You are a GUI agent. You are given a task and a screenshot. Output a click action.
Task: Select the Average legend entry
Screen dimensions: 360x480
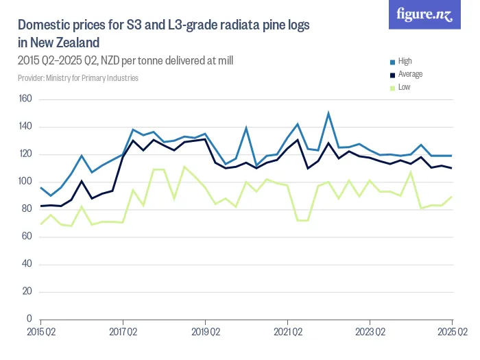click(x=410, y=74)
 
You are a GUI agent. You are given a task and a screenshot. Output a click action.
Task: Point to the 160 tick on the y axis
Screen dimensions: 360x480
click(x=25, y=100)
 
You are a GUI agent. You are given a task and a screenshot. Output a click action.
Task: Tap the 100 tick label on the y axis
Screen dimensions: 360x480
click(x=25, y=182)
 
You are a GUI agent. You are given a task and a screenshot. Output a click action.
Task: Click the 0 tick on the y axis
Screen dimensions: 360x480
click(x=30, y=319)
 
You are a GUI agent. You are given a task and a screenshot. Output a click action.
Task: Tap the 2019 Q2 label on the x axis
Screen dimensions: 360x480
click(x=205, y=332)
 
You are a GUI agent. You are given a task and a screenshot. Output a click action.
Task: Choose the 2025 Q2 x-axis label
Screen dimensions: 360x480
click(x=452, y=332)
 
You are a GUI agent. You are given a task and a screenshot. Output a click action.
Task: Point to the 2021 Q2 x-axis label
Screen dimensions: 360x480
click(x=287, y=332)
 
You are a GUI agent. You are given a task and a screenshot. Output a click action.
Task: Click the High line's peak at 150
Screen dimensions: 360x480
click(x=328, y=113)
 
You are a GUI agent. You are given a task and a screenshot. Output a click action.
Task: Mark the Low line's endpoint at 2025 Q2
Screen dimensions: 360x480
click(x=452, y=197)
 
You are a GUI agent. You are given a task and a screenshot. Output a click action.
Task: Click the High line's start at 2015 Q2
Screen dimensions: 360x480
click(x=40, y=188)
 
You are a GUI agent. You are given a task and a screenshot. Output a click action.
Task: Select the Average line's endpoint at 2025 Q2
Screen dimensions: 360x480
click(x=452, y=168)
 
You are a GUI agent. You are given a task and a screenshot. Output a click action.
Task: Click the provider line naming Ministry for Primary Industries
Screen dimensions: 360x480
click(x=78, y=78)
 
